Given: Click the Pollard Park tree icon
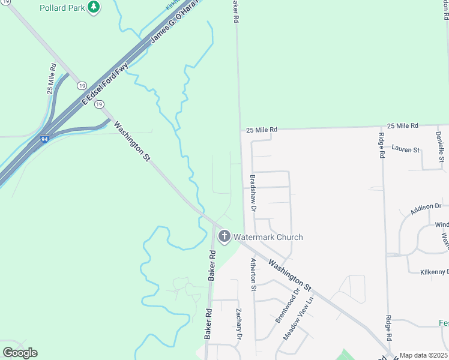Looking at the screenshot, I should click(x=93, y=7).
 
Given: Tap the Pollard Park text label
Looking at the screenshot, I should click(x=62, y=8).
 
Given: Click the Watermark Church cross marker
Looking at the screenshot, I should click(x=224, y=236).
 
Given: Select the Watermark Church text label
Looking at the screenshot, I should click(x=268, y=237).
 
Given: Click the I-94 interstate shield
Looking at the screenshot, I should click(x=45, y=139).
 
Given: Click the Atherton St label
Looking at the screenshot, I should click(x=254, y=274).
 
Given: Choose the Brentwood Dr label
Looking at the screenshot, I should click(x=287, y=306).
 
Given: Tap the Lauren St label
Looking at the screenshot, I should click(x=405, y=148).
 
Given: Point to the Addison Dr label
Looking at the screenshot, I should click(x=426, y=209).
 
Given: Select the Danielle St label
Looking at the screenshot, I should click(x=439, y=146).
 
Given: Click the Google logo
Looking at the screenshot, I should click(x=20, y=353).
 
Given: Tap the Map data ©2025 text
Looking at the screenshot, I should click(x=424, y=355).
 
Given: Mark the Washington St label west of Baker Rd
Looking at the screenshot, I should click(x=131, y=142).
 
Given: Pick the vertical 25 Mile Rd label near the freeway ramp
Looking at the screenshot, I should click(x=52, y=78).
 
